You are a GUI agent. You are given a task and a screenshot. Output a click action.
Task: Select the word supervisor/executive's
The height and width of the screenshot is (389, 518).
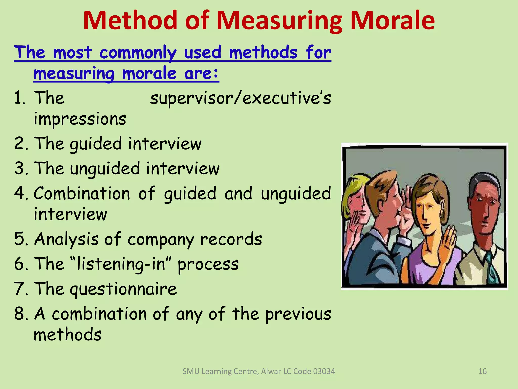[241, 98]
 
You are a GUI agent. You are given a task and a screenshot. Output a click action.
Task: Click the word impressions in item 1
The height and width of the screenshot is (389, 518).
[80, 119]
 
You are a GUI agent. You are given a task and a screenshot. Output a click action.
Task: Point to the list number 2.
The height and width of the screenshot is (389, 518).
[20, 143]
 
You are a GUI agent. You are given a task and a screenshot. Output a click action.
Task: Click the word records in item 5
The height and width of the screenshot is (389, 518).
[231, 239]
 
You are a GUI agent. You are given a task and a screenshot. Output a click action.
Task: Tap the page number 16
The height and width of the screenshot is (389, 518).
[482, 371]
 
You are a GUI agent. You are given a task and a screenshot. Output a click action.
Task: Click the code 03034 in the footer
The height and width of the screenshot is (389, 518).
[324, 371]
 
